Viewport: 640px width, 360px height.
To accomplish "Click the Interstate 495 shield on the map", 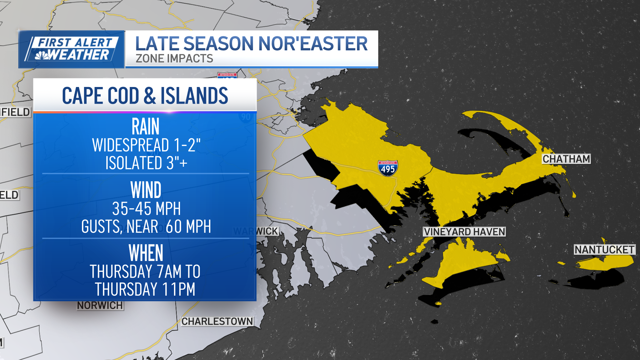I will click(388, 168).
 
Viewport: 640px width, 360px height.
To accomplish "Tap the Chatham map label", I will click(566, 159).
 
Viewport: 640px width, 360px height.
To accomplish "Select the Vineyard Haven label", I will click(464, 232).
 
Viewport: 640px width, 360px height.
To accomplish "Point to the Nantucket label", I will click(604, 250).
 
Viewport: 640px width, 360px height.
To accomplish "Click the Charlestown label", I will click(217, 321).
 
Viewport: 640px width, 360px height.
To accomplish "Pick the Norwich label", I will click(100, 305).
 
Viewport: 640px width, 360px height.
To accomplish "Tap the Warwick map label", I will click(256, 231).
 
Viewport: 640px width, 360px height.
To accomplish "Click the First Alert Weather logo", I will click(72, 49).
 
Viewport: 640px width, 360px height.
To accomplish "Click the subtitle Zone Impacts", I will click(174, 59).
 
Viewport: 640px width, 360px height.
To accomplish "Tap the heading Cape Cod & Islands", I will click(145, 96).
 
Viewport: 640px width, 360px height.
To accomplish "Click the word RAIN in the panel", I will click(146, 127).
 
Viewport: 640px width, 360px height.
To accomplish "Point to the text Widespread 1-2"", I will click(146, 145).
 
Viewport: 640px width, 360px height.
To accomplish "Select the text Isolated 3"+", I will click(146, 163).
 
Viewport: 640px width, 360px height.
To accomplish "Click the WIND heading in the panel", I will click(146, 190).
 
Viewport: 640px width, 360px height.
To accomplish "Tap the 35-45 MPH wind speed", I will click(146, 209).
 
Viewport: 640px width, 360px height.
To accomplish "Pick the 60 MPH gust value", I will click(188, 227).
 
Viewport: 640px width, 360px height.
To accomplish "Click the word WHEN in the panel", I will click(146, 253).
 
